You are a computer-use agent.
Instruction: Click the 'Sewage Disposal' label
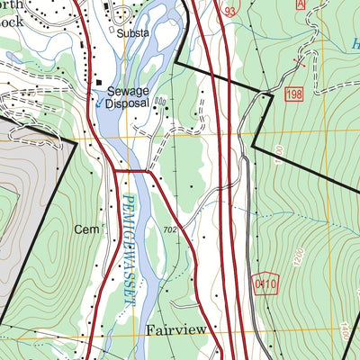click(128, 96)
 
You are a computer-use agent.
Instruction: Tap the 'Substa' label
click(133, 32)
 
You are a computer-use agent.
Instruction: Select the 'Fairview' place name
click(176, 331)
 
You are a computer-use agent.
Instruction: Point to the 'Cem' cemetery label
click(84, 230)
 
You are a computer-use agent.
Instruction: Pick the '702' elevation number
click(169, 230)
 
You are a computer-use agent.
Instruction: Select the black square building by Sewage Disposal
click(100, 83)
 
